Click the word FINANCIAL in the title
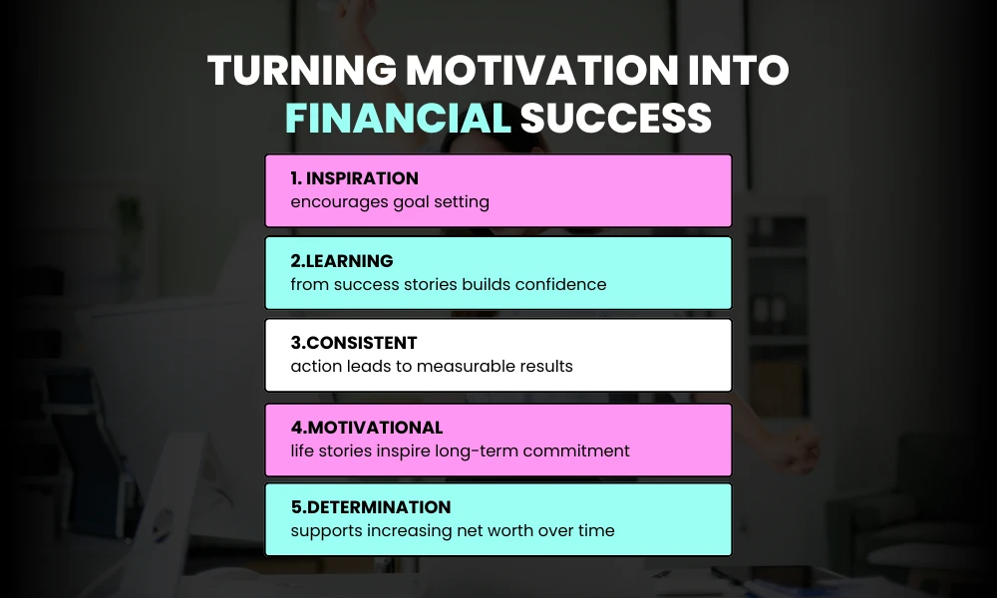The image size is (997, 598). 398,118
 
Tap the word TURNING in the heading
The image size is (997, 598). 290,71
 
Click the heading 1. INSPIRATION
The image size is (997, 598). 354,179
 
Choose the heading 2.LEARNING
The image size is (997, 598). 342,261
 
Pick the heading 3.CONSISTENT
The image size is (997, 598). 354,344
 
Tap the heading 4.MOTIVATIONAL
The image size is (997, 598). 366,428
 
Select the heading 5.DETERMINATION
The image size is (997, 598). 370,507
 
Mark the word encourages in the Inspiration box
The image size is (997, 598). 330,202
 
